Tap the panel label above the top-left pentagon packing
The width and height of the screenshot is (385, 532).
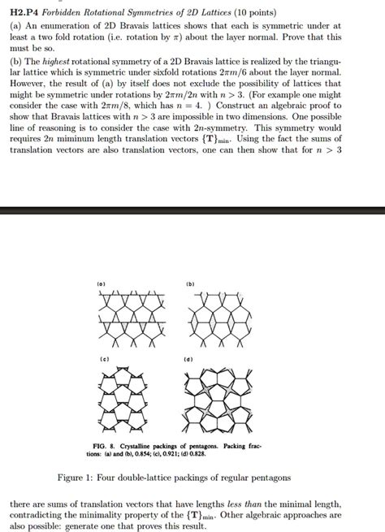tap(101, 283)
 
